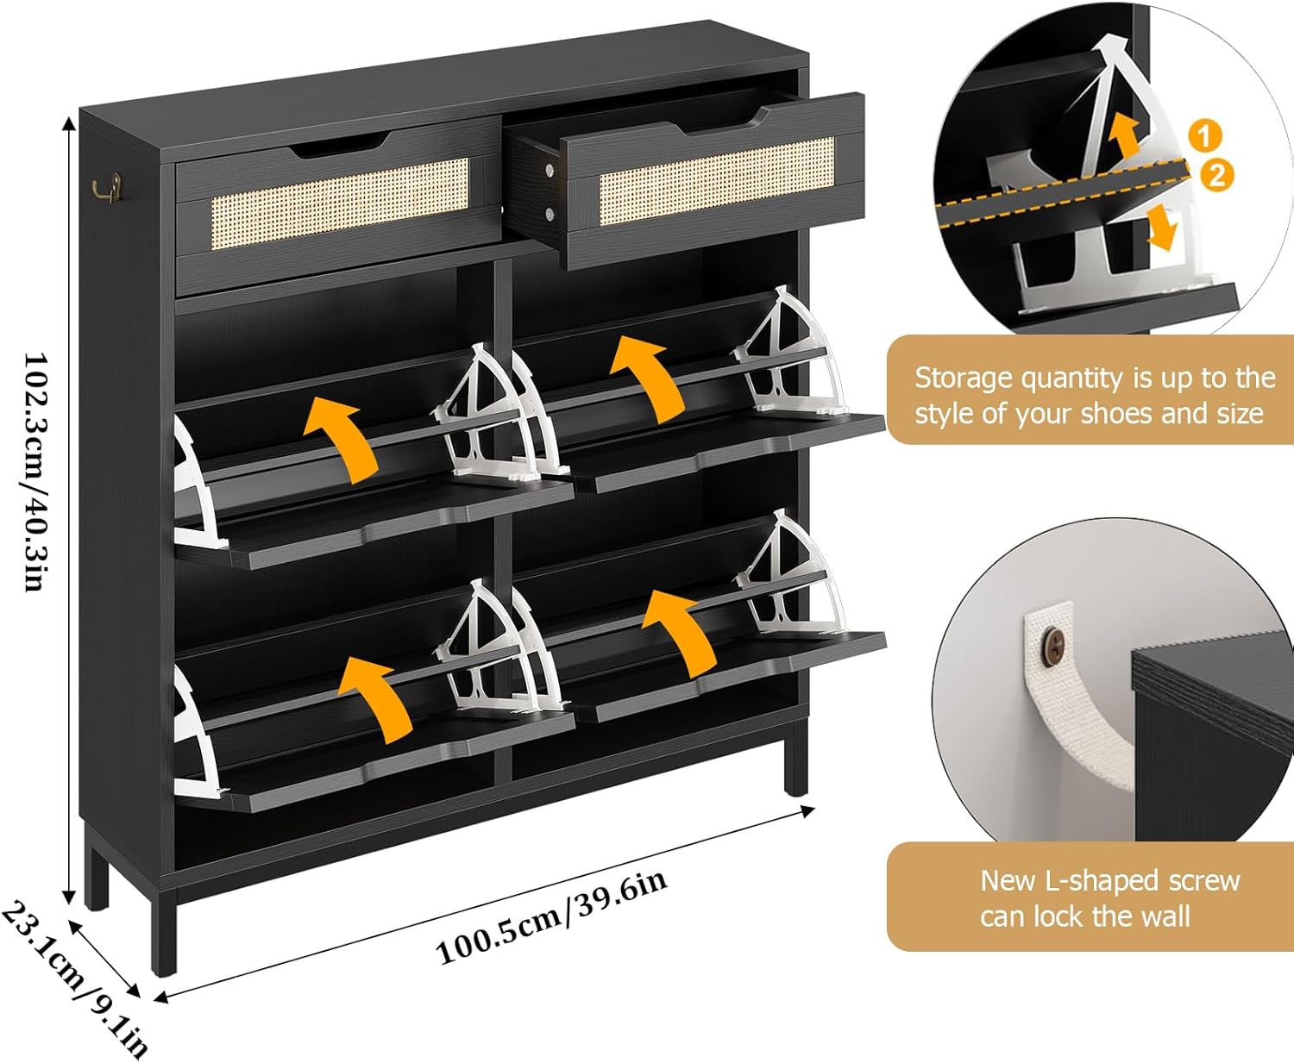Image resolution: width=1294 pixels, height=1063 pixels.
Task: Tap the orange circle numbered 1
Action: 1205,135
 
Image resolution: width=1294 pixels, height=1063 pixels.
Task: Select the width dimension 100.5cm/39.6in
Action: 552,917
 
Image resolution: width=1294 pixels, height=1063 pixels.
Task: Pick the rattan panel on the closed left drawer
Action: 340,203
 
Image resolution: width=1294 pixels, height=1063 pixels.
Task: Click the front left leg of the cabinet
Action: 163,931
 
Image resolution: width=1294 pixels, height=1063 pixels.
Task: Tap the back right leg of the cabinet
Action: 795,759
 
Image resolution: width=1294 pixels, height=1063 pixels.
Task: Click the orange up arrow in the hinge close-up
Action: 1123,134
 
